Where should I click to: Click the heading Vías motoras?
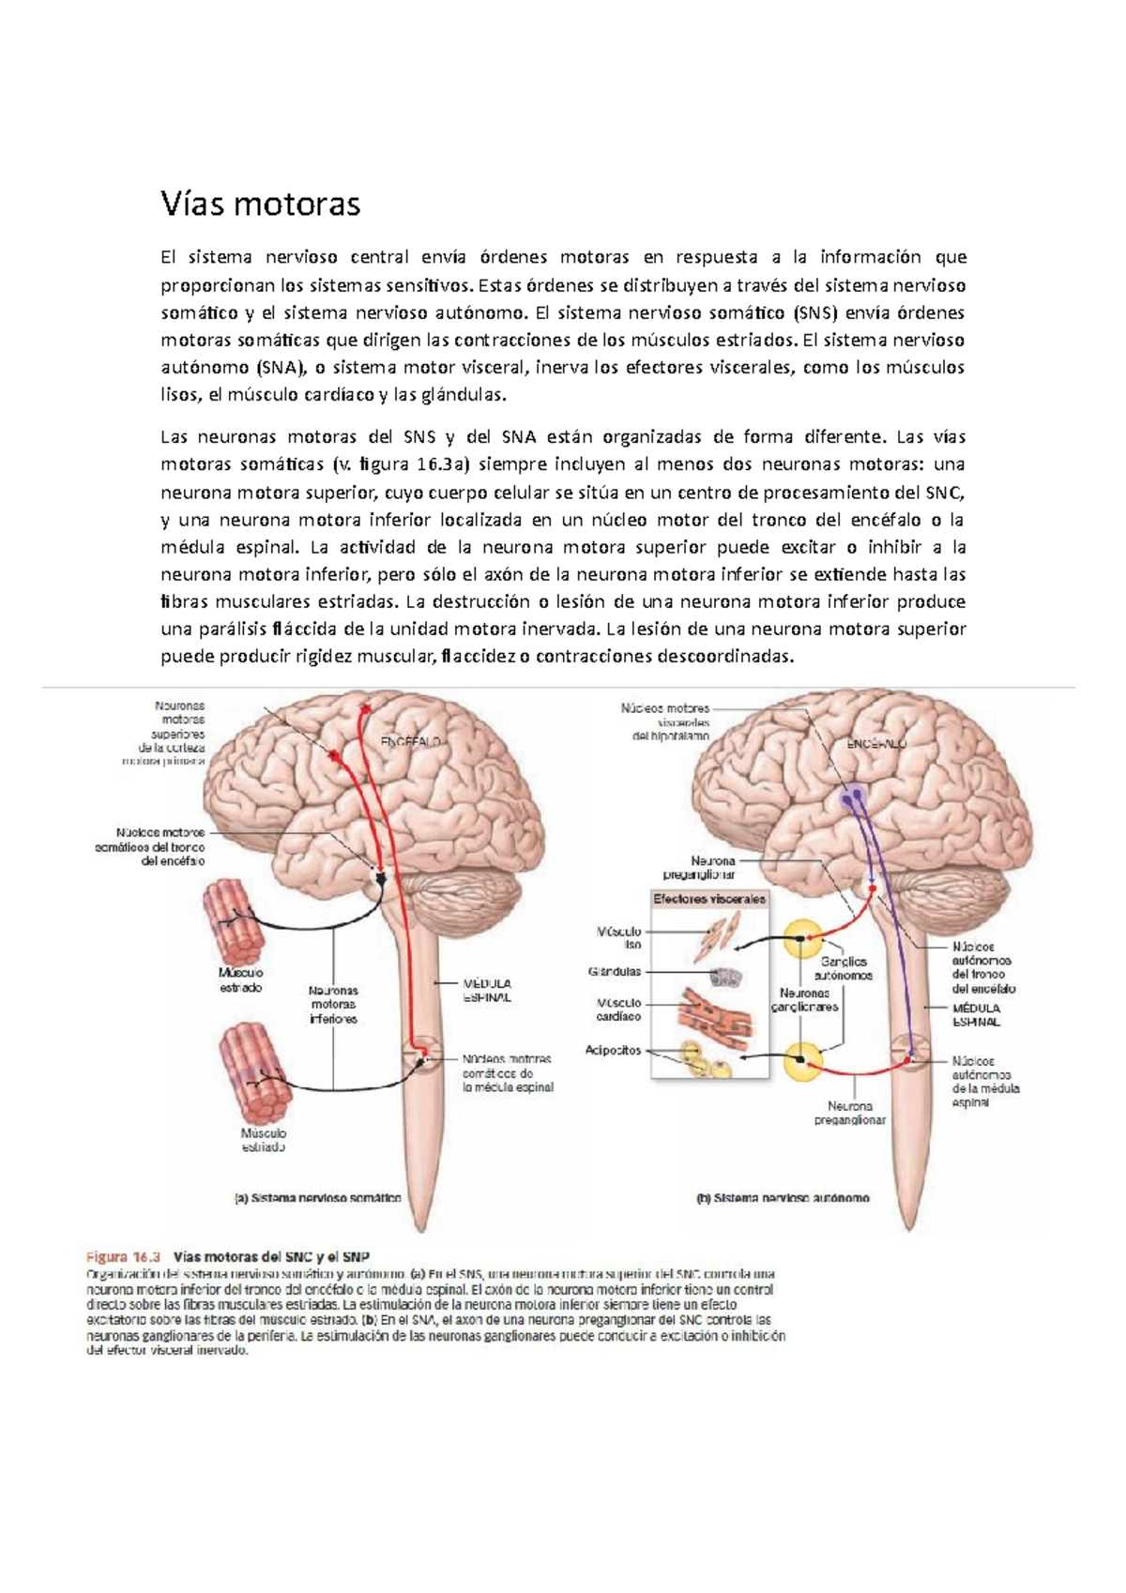pos(260,204)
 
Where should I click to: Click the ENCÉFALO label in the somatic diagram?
pos(410,740)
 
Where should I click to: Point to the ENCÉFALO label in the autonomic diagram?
pos(876,743)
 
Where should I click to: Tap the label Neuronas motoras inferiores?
pos(333,1004)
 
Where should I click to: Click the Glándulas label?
pos(615,972)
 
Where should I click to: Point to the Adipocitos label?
pos(614,1051)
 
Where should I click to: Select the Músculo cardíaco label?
pos(618,1009)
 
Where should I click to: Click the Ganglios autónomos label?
pos(844,968)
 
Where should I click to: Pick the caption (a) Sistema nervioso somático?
pos(317,1198)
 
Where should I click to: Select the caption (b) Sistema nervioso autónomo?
pos(783,1198)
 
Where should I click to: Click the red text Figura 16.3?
pos(124,1257)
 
